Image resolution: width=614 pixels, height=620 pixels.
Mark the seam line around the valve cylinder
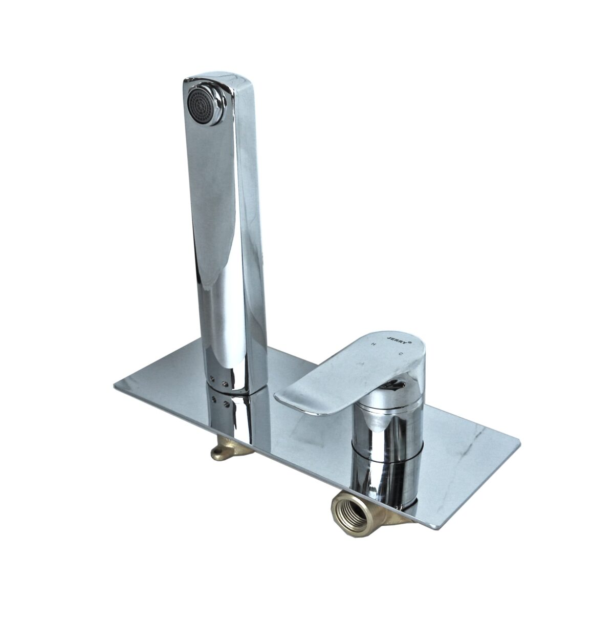386,458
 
